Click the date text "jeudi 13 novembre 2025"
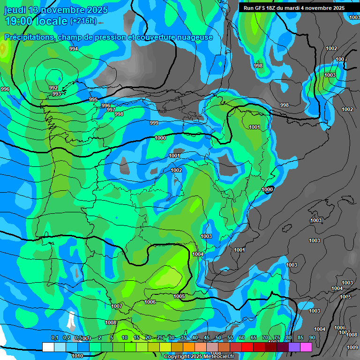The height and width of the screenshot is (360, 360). [x=56, y=10]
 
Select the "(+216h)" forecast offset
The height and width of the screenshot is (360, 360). [x=83, y=21]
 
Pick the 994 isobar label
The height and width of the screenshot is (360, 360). [x=74, y=49]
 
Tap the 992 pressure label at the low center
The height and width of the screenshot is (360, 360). [x=53, y=88]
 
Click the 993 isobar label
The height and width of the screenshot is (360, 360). [x=57, y=94]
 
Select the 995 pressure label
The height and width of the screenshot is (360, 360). [x=93, y=99]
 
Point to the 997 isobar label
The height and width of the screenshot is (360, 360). [x=111, y=110]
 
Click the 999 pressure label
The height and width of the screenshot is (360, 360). [x=154, y=123]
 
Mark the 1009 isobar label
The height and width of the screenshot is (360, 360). [x=352, y=347]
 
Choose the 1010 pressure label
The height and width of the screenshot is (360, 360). [x=77, y=356]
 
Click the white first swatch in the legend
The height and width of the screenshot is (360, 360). [x=48, y=347]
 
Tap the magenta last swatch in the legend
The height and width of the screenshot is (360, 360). [x=306, y=347]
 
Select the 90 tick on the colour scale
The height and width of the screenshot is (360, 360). [x=312, y=338]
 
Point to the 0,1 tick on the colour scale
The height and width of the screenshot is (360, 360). [x=55, y=338]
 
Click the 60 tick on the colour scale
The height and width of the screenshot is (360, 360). [x=242, y=338]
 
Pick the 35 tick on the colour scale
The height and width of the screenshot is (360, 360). [x=183, y=338]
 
